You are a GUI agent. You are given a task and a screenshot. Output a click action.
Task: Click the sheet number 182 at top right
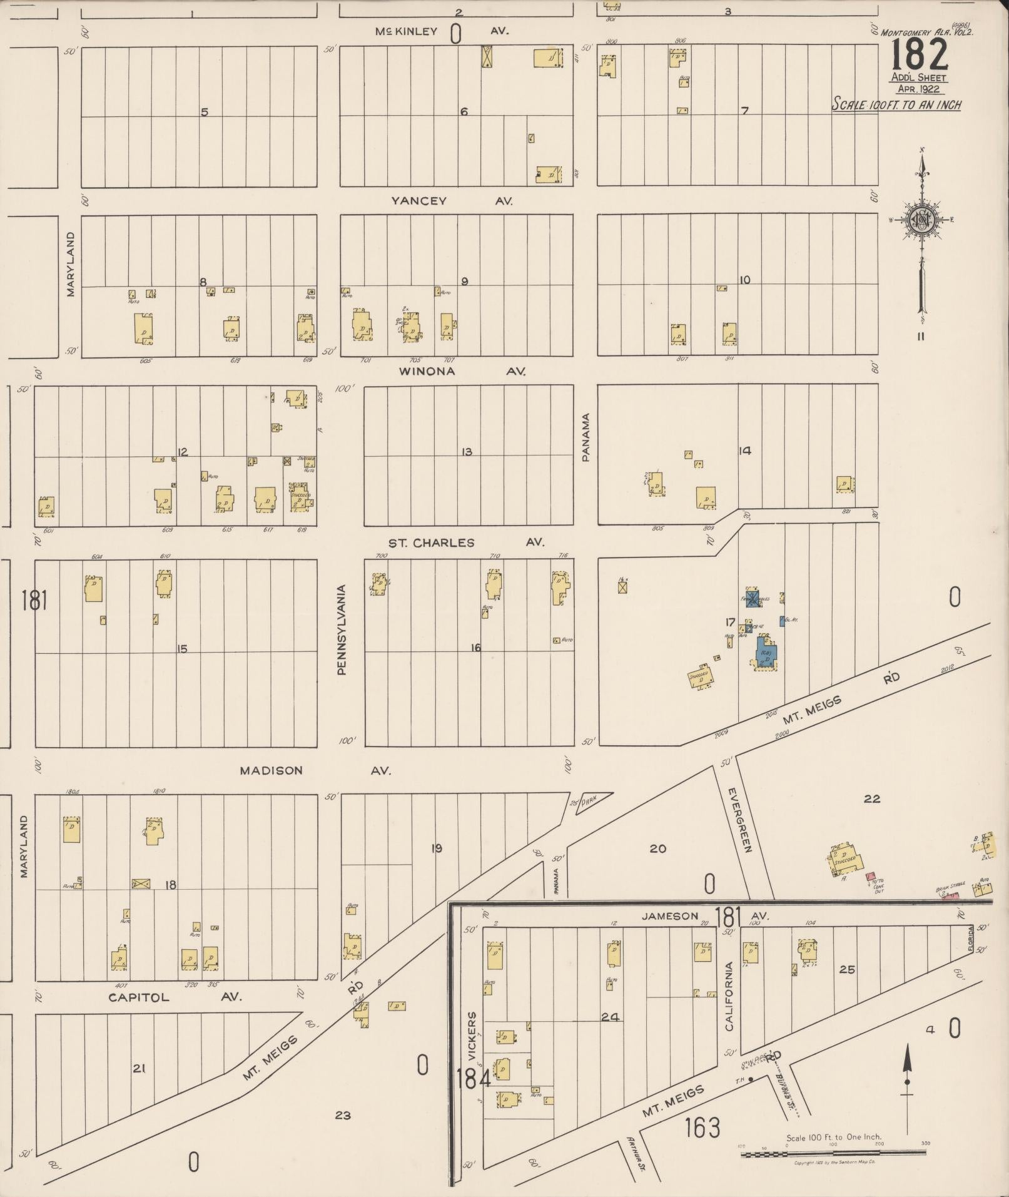[x=919, y=55]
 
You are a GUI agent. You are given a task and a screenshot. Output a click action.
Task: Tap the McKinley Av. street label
[x=407, y=31]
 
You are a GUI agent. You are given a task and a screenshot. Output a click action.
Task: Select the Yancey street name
[x=419, y=201]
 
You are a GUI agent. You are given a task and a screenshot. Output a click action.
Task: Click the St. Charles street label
[x=431, y=542]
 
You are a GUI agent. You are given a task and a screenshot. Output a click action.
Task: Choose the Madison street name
[x=271, y=771]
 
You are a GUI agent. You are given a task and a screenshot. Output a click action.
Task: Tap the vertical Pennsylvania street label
[x=342, y=629]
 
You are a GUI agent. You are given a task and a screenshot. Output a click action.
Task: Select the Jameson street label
[x=669, y=916]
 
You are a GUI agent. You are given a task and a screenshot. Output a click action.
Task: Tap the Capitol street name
[x=139, y=997]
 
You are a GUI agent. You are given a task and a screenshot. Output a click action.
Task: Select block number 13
[x=467, y=452]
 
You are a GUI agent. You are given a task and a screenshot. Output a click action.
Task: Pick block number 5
[x=204, y=112]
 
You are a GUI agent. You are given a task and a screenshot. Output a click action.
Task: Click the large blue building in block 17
[x=766, y=653]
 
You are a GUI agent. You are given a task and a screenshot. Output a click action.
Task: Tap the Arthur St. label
[x=637, y=1153]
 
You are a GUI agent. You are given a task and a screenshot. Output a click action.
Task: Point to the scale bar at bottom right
[x=833, y=1152]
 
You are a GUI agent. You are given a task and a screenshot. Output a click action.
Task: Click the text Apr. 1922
[x=918, y=89]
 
